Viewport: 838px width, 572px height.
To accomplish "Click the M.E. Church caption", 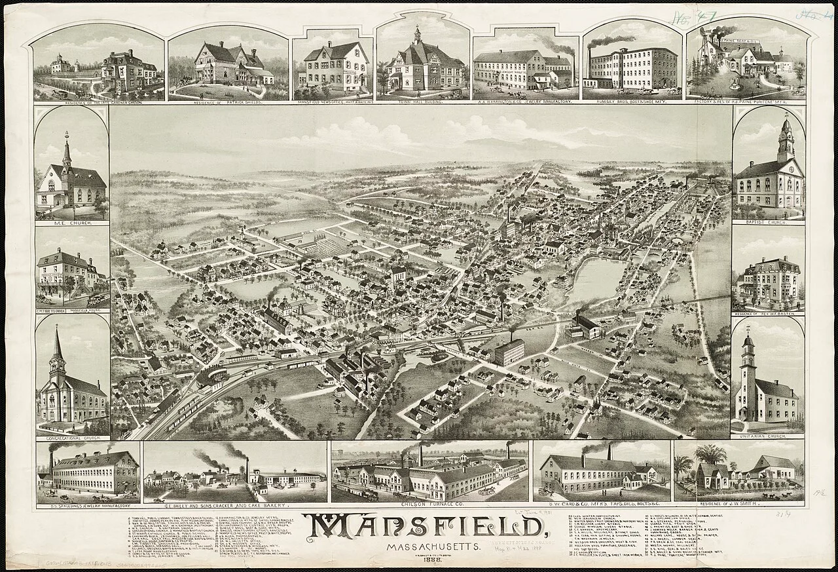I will pos(71,223).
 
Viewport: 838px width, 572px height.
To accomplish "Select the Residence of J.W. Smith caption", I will pos(740,505).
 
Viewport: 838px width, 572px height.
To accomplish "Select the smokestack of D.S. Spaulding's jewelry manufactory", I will pos(50,461).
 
